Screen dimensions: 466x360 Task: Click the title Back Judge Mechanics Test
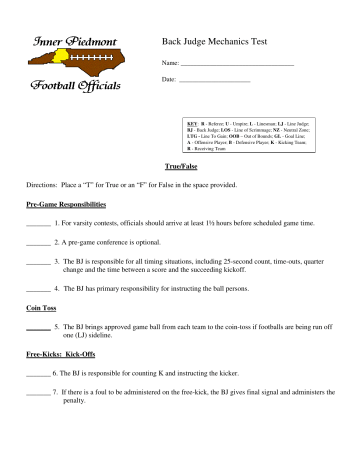click(223, 42)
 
